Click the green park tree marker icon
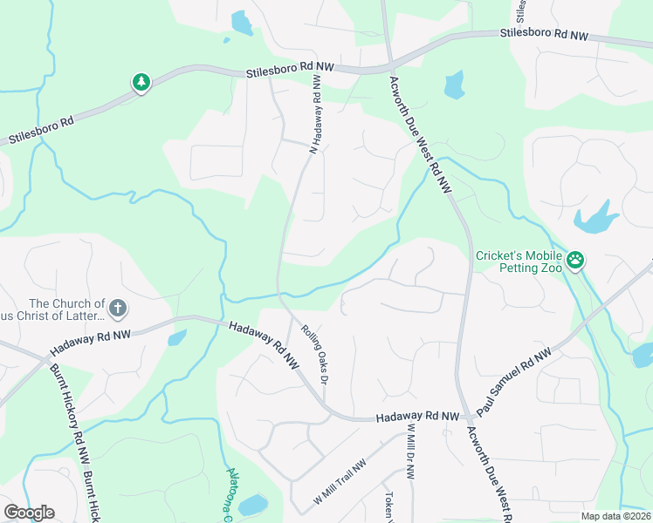141,83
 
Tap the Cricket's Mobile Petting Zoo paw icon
575,260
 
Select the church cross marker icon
118,308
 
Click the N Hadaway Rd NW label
316,114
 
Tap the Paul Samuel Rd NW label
515,382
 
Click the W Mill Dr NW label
409,452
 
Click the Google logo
29,513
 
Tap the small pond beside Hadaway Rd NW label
176,337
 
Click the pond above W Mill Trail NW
252,505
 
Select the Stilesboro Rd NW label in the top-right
544,34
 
